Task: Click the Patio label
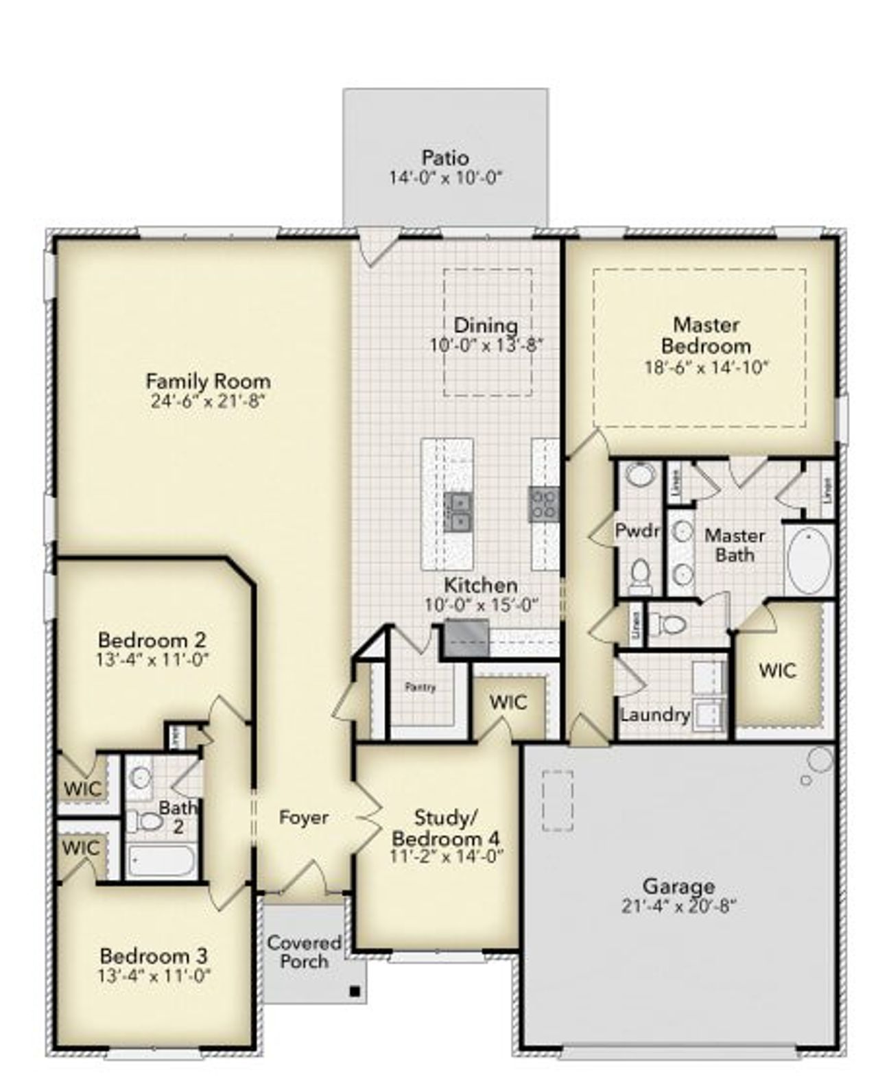click(x=445, y=157)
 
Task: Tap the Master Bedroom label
click(x=706, y=335)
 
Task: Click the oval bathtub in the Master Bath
click(x=809, y=560)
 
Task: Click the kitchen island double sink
click(x=458, y=512)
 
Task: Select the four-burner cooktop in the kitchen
click(x=543, y=503)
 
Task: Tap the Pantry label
click(x=420, y=687)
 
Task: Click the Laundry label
click(x=654, y=715)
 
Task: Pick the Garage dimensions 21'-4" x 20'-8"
click(x=678, y=906)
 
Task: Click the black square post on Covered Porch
click(x=355, y=991)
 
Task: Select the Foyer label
click(x=303, y=818)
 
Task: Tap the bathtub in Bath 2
click(x=161, y=860)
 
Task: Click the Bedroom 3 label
click(x=154, y=956)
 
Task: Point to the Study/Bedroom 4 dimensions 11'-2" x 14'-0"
click(x=446, y=855)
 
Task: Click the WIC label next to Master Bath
click(x=777, y=670)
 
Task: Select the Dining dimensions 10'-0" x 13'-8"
click(x=486, y=345)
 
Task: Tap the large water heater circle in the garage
click(x=820, y=759)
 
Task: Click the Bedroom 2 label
click(x=152, y=640)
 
